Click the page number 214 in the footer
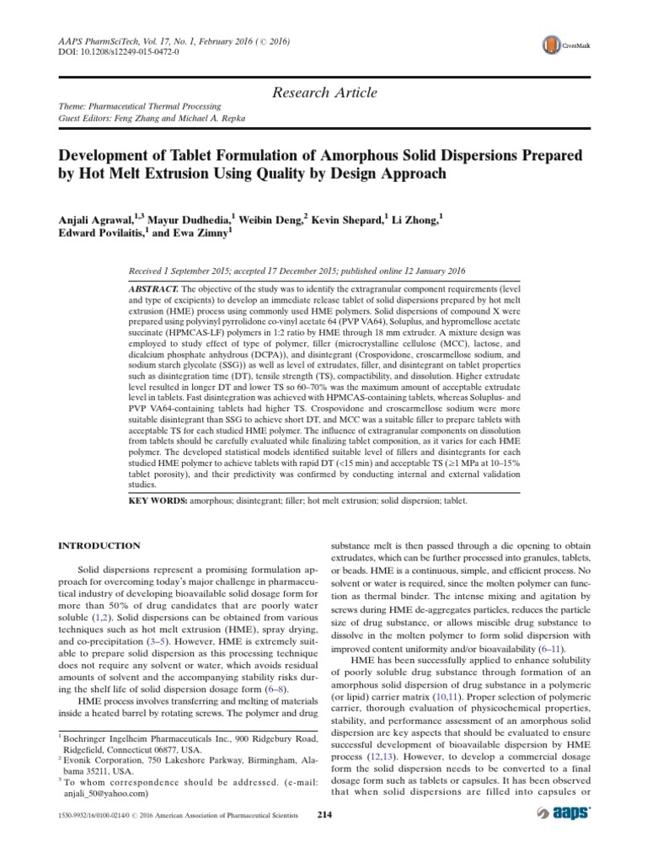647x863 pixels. coord(324,814)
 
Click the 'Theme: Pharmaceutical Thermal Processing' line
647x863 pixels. coord(137,107)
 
